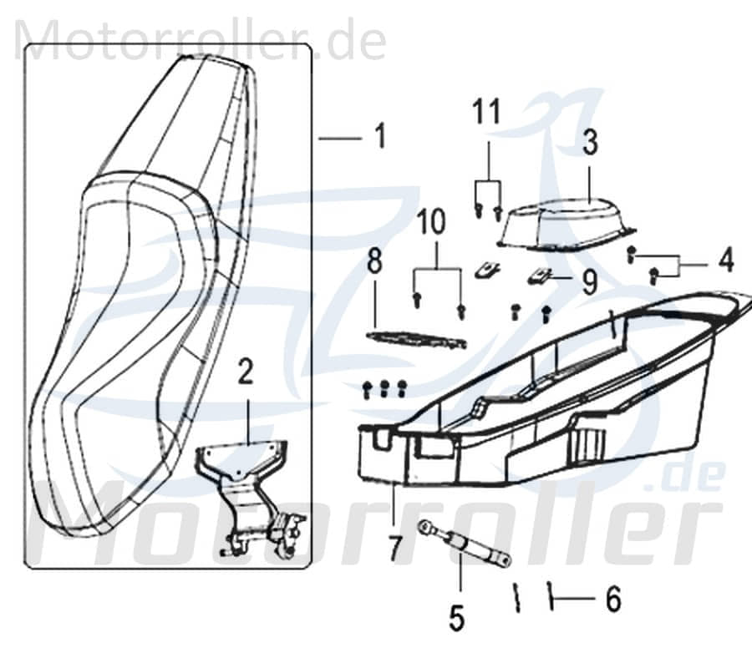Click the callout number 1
(380, 136)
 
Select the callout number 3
(591, 143)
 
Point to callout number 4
(726, 261)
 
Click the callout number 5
(455, 619)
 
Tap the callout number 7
(393, 548)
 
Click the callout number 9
(589, 282)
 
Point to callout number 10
(438, 223)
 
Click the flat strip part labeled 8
(416, 339)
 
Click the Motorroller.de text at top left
(201, 39)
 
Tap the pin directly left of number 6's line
(516, 598)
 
